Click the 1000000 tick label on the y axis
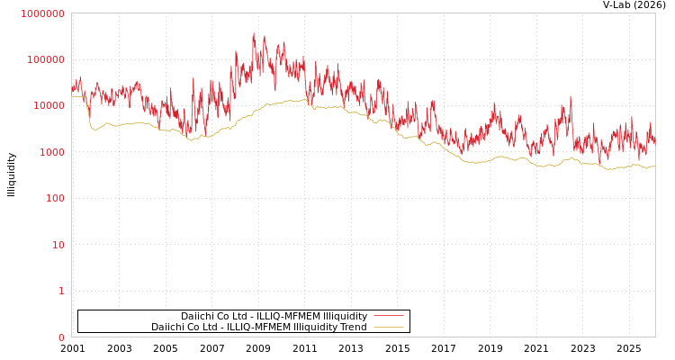pos(42,13)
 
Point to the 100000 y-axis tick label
pos(45,59)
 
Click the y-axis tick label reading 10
pos(58,245)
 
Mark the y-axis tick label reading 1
pos(61,291)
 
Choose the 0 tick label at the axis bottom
pos(61,337)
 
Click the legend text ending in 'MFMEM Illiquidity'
pos(274,316)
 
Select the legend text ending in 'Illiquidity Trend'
pos(259,328)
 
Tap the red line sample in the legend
pos(388,316)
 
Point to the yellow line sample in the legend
pos(388,328)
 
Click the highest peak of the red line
pos(254,34)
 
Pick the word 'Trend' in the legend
pos(353,328)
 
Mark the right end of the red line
pos(655,142)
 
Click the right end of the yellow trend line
pos(655,166)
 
